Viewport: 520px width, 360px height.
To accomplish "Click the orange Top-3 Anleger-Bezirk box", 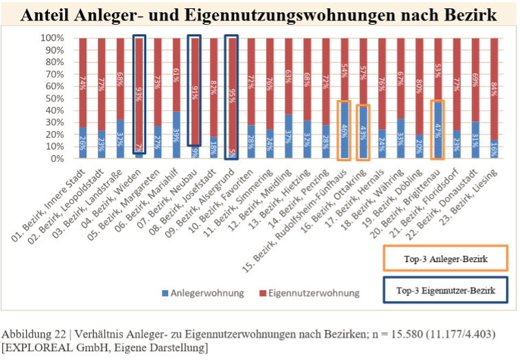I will (445, 259).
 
